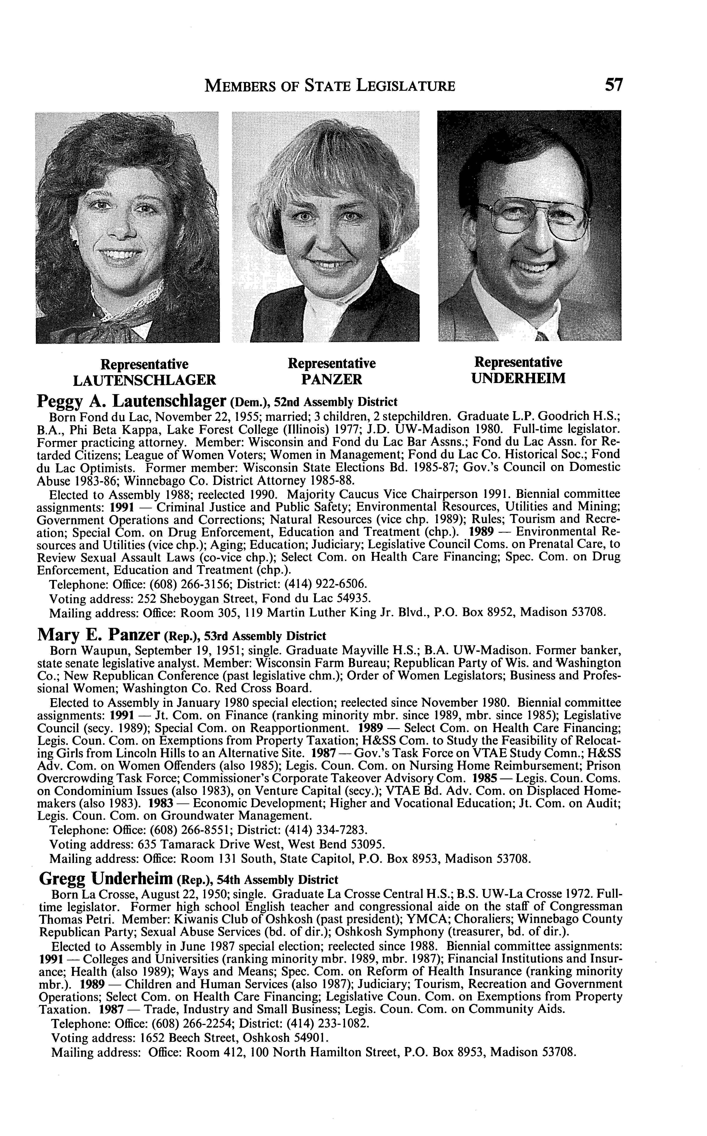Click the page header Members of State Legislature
(x=330, y=86)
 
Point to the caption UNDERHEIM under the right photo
(x=518, y=378)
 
